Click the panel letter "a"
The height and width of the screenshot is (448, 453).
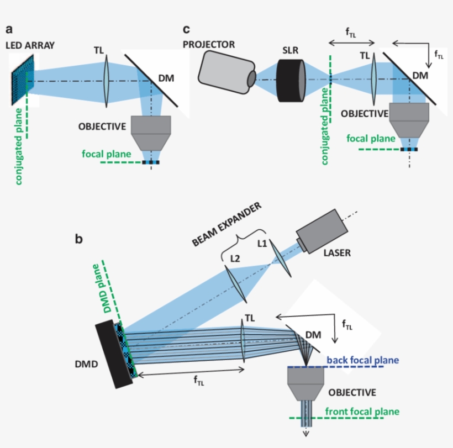point(9,29)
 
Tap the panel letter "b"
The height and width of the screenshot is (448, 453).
point(79,239)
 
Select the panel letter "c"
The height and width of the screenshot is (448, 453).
point(187,29)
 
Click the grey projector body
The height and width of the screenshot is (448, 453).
point(224,72)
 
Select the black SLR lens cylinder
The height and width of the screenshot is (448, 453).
point(291,78)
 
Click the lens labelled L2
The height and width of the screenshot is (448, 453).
point(236,283)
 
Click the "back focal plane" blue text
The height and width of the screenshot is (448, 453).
point(362,360)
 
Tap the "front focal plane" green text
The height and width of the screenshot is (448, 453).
point(362,412)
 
